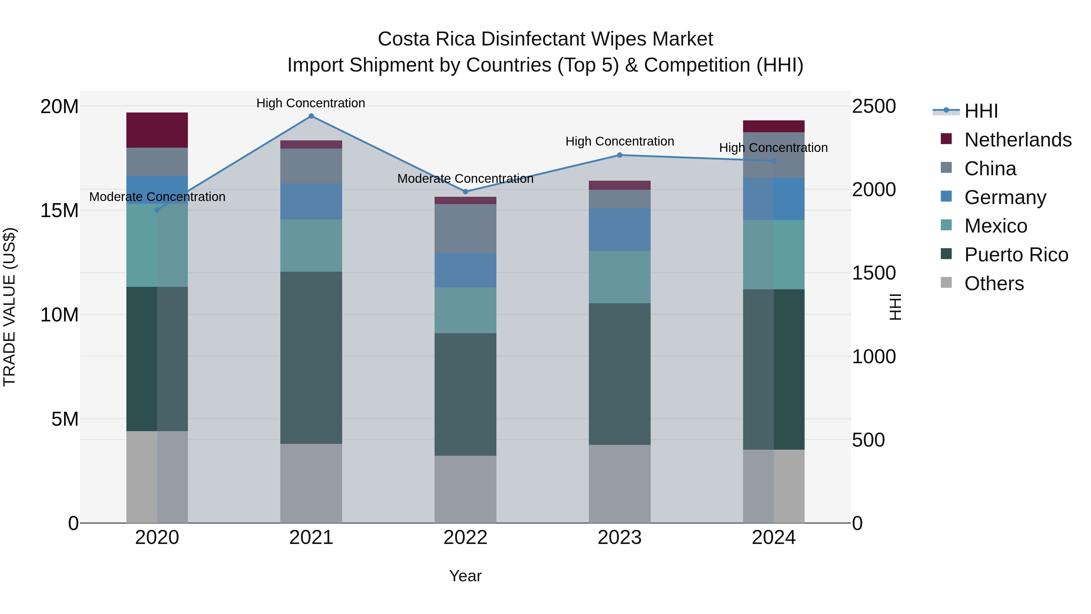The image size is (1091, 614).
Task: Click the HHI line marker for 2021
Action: [311, 116]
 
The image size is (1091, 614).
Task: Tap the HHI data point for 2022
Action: [465, 192]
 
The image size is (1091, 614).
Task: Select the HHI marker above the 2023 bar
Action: [620, 155]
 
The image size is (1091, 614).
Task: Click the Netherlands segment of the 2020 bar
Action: [157, 130]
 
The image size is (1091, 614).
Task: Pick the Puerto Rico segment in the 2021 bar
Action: [311, 358]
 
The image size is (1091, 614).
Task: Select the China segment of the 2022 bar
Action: [465, 229]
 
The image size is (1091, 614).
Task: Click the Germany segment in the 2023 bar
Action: [620, 229]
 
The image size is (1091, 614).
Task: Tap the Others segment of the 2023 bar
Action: [620, 484]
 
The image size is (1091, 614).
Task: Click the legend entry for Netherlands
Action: [1018, 140]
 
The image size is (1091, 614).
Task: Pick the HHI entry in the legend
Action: [981, 111]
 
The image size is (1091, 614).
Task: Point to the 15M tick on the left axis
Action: [59, 210]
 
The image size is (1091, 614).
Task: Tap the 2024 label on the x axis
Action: [774, 538]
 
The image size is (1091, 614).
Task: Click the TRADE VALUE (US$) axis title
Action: [9, 307]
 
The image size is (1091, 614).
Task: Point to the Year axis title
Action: [465, 576]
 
